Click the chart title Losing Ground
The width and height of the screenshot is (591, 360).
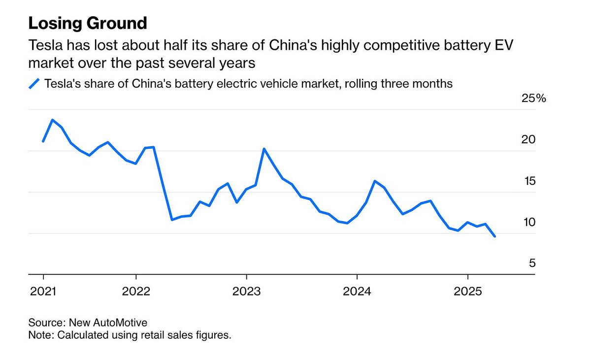point(88,23)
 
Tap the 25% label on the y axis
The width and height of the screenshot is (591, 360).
point(534,98)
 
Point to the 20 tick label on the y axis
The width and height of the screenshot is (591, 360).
point(528,140)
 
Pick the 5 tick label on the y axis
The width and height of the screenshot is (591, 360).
point(532,263)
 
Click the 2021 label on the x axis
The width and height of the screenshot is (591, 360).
point(43,292)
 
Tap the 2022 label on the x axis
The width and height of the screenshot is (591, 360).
point(136,292)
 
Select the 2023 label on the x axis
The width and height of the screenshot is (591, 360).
point(246,292)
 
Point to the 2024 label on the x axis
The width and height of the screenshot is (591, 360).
point(357,292)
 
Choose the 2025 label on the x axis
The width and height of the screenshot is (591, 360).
point(467,292)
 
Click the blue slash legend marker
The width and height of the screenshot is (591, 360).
point(34,84)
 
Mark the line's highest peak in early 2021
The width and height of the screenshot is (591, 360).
point(53,120)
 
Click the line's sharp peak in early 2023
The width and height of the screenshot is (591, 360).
point(264,149)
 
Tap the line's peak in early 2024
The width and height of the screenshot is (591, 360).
point(375,181)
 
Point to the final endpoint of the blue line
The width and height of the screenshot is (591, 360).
point(495,236)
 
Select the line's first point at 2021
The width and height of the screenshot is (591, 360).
point(43,141)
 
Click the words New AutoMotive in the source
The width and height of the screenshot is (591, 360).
point(108,323)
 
